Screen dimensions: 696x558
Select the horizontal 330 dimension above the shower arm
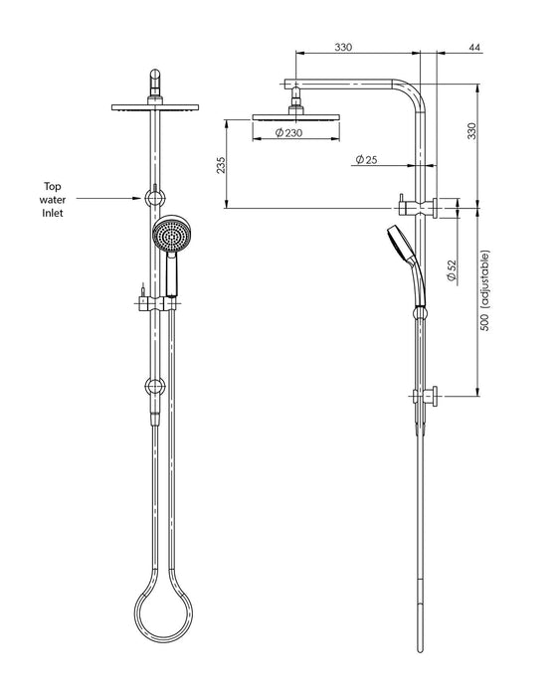343,48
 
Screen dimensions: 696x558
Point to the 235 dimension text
220,164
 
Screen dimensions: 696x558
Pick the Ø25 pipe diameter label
367,159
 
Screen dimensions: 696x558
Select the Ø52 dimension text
452,271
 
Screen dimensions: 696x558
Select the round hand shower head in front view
170,235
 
